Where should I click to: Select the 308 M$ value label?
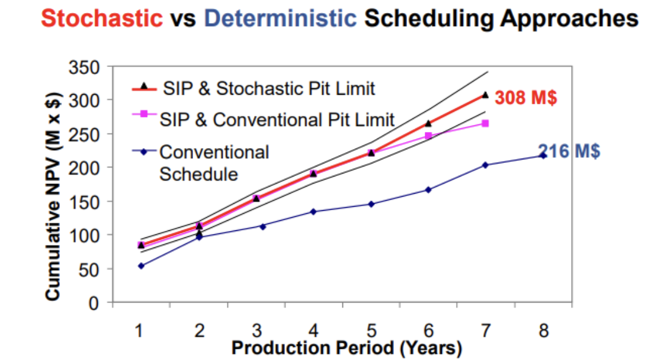(526, 98)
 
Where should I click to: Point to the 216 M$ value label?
(569, 151)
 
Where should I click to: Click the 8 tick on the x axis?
(543, 330)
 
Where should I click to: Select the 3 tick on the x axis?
(256, 330)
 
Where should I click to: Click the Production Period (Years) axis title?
(347, 348)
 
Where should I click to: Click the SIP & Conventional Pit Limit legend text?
(277, 120)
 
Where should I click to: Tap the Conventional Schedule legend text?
(214, 163)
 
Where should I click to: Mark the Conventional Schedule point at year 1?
(141, 266)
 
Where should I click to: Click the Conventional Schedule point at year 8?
(543, 155)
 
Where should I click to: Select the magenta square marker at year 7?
(485, 123)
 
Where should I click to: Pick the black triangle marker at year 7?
(485, 95)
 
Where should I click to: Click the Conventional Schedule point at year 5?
(371, 204)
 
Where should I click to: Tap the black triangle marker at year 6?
(428, 123)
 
